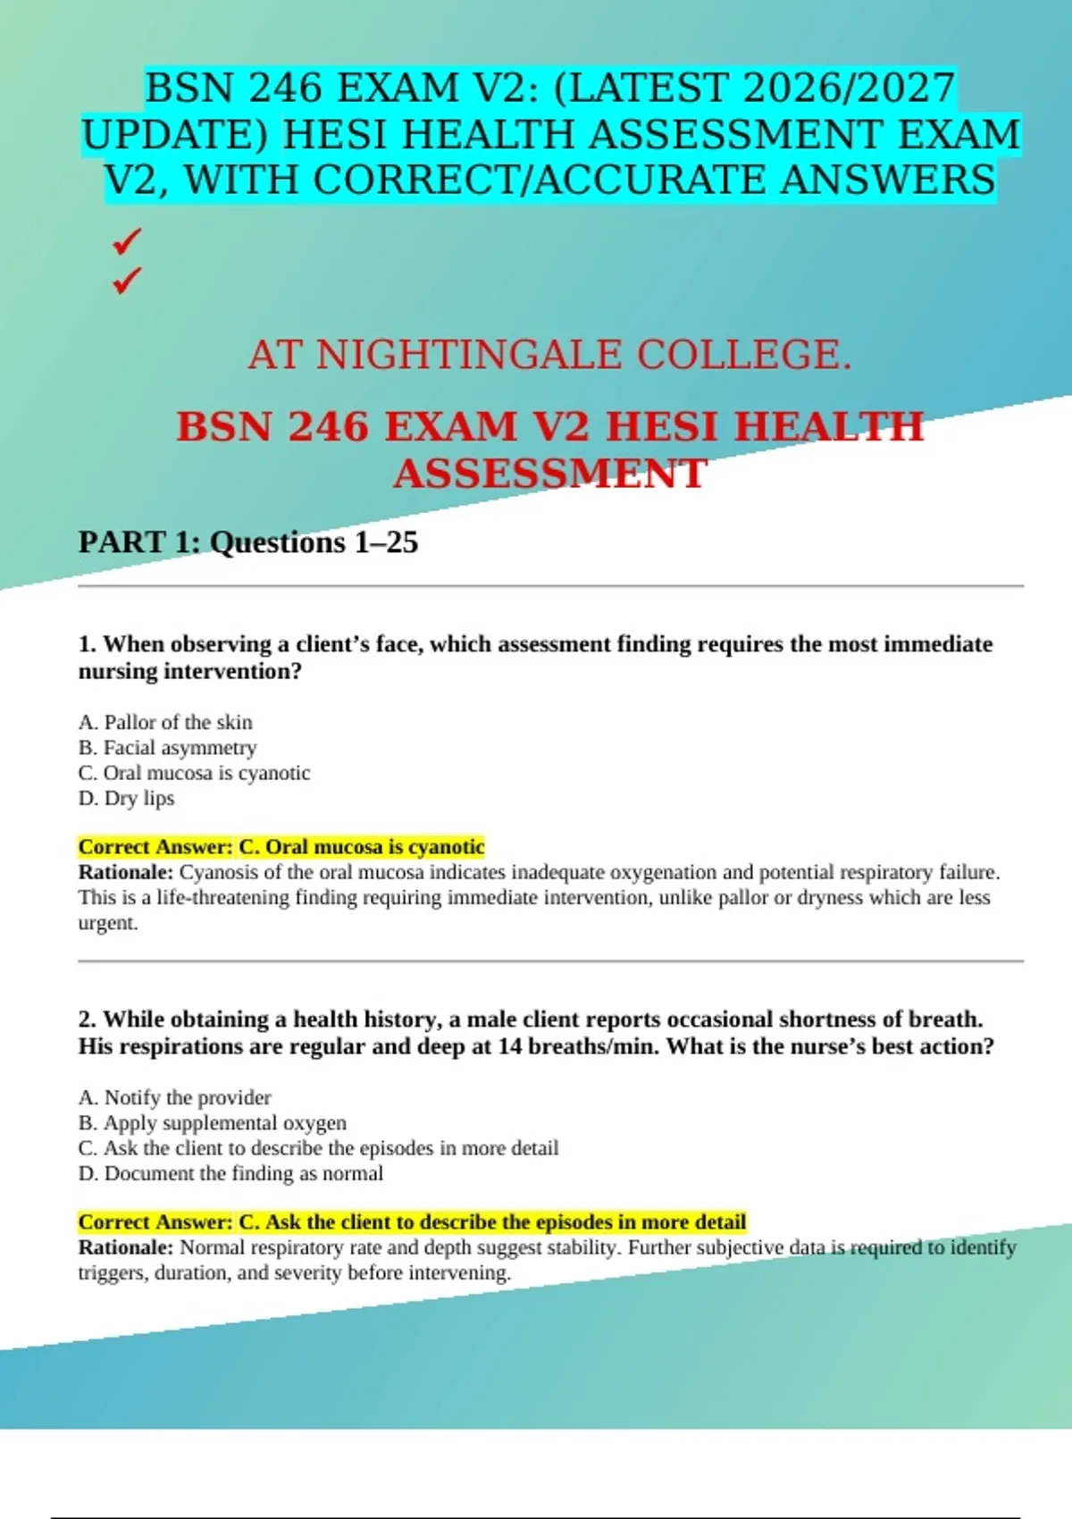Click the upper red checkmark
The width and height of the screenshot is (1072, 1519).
click(127, 240)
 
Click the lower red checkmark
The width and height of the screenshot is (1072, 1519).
click(127, 281)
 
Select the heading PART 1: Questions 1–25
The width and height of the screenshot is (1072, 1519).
click(248, 542)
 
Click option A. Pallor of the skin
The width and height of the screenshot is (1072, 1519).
click(165, 722)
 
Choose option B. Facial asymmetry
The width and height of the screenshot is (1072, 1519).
click(167, 747)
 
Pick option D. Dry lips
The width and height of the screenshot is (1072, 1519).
click(126, 798)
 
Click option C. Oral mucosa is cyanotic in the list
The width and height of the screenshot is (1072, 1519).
click(194, 773)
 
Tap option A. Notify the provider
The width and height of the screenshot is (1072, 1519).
click(174, 1097)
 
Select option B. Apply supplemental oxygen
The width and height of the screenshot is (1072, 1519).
click(212, 1122)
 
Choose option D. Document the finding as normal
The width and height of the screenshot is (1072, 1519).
click(230, 1173)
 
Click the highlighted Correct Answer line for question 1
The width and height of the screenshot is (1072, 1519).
click(281, 846)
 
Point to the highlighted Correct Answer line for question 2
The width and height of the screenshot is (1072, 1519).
click(412, 1221)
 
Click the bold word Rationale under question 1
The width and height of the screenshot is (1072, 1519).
click(126, 872)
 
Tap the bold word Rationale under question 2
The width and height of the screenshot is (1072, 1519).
click(126, 1247)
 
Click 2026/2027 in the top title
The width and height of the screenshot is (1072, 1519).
click(848, 88)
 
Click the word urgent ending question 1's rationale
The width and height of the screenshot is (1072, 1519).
click(107, 924)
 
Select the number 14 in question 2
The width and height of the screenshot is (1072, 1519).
click(510, 1046)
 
